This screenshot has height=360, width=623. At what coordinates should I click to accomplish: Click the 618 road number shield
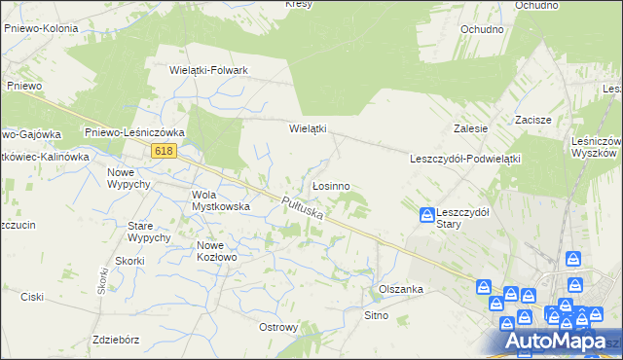[163, 150]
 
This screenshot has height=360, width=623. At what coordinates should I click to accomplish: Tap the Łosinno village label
[331, 185]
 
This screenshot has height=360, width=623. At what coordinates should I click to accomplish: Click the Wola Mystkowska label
[221, 199]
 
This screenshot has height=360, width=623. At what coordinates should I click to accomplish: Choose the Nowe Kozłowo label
[217, 251]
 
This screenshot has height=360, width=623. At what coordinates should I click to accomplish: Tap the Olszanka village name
[400, 289]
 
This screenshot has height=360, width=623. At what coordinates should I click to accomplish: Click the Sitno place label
[376, 315]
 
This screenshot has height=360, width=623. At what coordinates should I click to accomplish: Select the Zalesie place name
[470, 128]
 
